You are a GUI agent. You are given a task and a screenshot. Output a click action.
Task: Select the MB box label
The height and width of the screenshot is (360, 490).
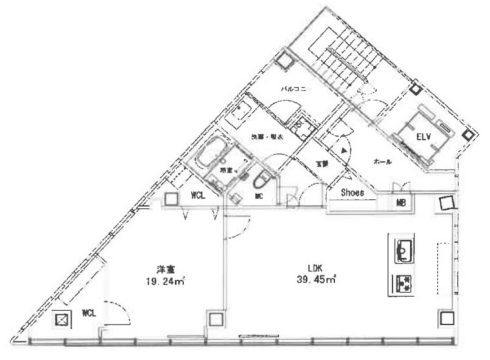click(x=402, y=204)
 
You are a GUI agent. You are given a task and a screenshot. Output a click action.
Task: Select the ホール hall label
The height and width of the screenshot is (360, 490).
click(x=382, y=160)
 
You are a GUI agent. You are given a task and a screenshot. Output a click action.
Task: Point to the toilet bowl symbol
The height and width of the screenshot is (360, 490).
click(x=263, y=181)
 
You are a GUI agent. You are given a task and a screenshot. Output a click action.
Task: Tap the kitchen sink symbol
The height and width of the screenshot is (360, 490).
click(x=406, y=247)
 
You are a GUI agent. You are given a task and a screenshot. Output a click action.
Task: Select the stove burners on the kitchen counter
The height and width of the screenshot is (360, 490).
click(x=406, y=282)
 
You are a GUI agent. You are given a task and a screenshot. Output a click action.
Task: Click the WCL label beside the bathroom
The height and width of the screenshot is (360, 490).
click(x=199, y=196)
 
